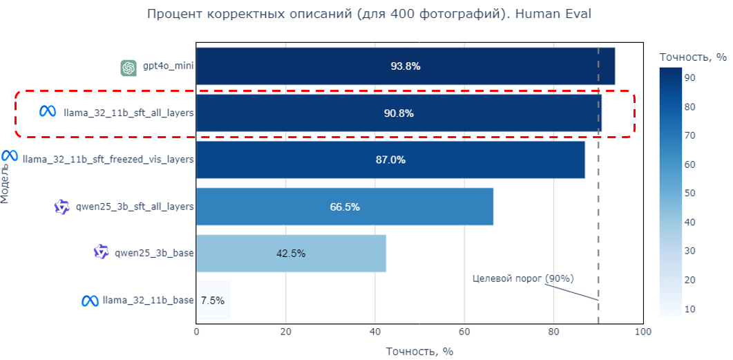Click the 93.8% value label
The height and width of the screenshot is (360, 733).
click(406, 66)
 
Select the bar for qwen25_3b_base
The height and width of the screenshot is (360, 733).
click(291, 254)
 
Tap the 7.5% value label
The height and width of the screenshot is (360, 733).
click(212, 301)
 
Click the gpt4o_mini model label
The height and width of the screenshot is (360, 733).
click(168, 66)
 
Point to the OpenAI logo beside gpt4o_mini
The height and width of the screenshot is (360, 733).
click(128, 68)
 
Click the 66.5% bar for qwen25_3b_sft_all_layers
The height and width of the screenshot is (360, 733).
click(344, 207)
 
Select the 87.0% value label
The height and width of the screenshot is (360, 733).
click(390, 160)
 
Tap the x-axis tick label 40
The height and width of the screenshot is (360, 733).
click(375, 332)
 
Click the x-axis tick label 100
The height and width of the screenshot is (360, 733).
click(643, 332)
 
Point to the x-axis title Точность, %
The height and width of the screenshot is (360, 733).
click(419, 351)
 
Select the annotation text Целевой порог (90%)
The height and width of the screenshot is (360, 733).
click(523, 278)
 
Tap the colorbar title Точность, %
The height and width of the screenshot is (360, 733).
click(692, 57)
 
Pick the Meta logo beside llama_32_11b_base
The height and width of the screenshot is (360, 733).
click(89, 301)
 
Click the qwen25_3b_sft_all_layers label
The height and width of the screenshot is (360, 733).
click(135, 207)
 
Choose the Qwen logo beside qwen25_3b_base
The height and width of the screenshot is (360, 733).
click(102, 253)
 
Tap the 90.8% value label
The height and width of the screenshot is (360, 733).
click(399, 113)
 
